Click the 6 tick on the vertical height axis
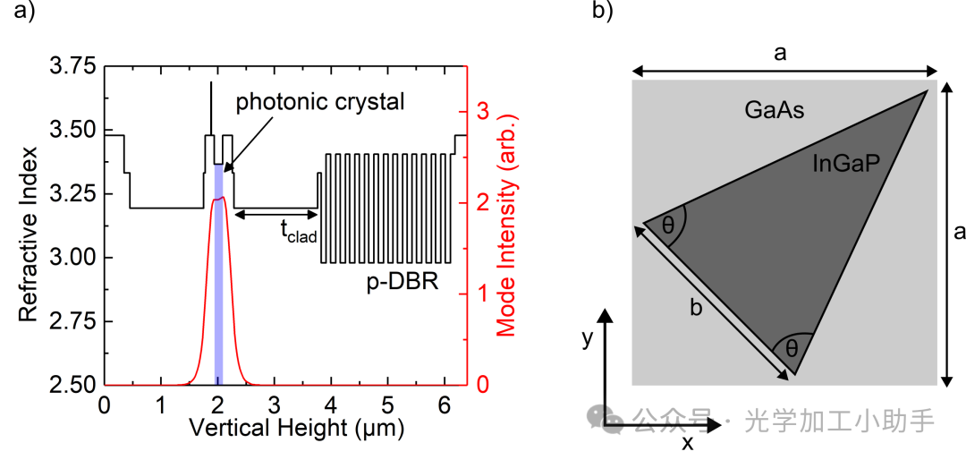click(444, 405)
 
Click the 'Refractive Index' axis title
click(29, 226)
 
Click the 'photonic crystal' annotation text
click(320, 101)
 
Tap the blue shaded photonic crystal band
click(218, 268)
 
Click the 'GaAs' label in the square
click(775, 111)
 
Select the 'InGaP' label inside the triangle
click(842, 163)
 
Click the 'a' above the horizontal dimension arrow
click(780, 54)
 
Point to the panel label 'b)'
click(603, 12)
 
